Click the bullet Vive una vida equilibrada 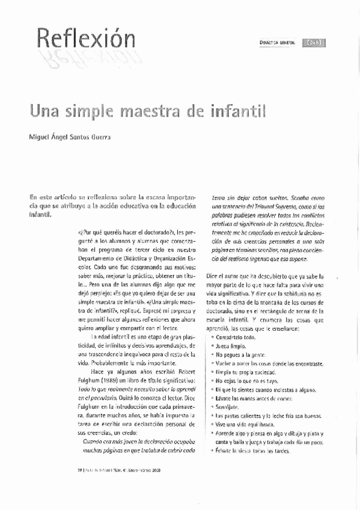click(243, 425)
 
